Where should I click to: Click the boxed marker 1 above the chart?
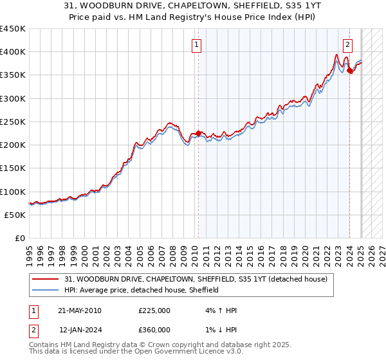pyautogui.click(x=196, y=45)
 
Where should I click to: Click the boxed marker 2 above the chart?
pyautogui.click(x=347, y=45)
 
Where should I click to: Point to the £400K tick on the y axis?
pyautogui.click(x=14, y=52)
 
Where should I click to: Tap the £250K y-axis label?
pyautogui.click(x=14, y=122)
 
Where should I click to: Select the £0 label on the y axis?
pyautogui.click(x=20, y=238)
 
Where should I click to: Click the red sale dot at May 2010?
pyautogui.click(x=198, y=134)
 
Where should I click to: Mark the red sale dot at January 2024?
pyautogui.click(x=349, y=71)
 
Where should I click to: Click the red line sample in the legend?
pyautogui.click(x=46, y=279)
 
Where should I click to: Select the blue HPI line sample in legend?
pyautogui.click(x=46, y=290)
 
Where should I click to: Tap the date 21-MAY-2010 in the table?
pyautogui.click(x=80, y=310)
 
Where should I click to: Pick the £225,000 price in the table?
pyautogui.click(x=154, y=310)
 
